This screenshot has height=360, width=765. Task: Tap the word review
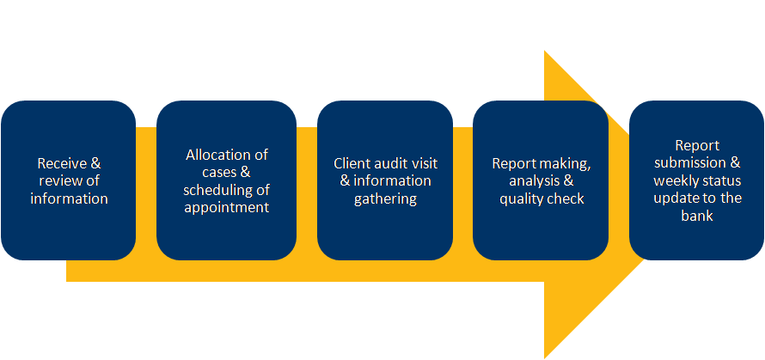point(54,180)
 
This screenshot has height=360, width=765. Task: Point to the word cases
point(209,172)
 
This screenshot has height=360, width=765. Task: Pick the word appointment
point(227,207)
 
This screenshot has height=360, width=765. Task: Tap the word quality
point(523,198)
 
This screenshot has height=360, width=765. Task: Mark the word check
point(566,198)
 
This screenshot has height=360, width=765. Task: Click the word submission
point(688,163)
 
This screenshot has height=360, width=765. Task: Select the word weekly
point(675,180)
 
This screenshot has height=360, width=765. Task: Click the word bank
point(697,217)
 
